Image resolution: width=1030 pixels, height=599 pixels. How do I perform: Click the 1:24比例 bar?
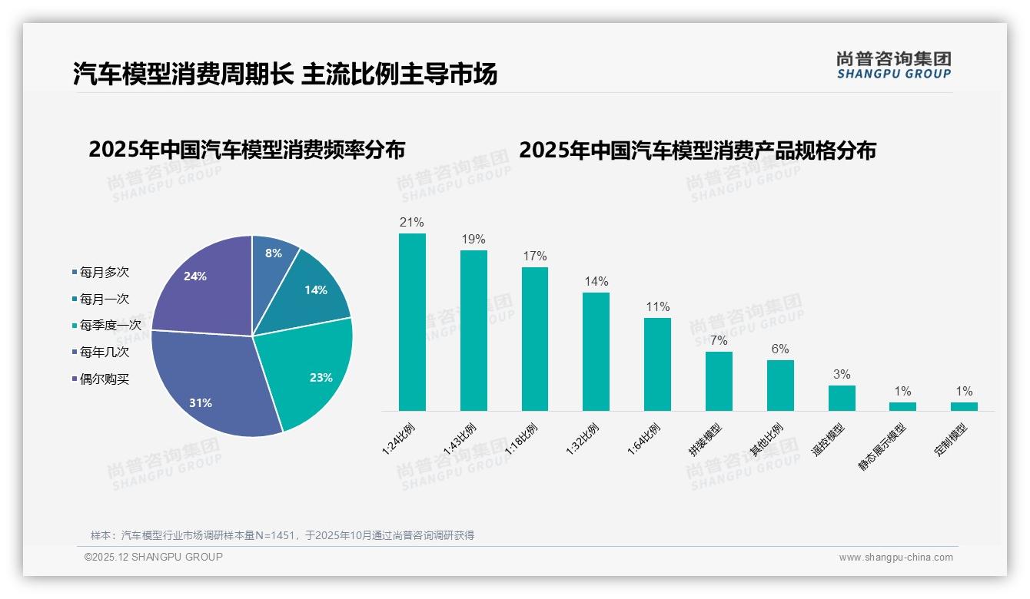(x=412, y=323)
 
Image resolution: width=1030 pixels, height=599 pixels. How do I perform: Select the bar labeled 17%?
(x=535, y=339)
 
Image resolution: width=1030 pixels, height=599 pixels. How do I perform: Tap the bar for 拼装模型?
(x=719, y=381)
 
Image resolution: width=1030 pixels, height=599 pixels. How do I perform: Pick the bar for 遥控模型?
(x=842, y=398)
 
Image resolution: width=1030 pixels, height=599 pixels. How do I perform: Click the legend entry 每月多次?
(x=104, y=273)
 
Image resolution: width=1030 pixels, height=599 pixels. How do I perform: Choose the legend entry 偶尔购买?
(x=104, y=379)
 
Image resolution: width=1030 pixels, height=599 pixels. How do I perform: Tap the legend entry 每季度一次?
(x=110, y=326)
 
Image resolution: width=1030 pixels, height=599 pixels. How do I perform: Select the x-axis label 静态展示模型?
(x=883, y=445)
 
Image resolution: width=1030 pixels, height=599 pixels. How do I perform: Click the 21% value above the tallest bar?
(x=411, y=223)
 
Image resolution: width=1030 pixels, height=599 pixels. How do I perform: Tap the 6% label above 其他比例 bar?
(x=780, y=349)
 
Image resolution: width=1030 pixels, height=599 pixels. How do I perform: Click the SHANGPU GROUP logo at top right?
(x=894, y=65)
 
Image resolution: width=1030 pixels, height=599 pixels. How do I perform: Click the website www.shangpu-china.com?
(x=895, y=558)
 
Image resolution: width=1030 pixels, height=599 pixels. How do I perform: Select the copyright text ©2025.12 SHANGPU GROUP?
(x=154, y=557)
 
